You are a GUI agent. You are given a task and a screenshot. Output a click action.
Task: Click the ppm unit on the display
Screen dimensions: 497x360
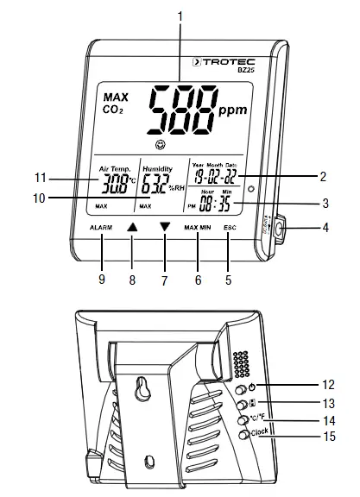[232, 111]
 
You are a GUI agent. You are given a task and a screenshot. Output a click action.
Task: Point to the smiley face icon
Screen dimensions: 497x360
[161, 143]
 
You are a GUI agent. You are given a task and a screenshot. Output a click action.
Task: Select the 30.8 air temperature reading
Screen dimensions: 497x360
[113, 183]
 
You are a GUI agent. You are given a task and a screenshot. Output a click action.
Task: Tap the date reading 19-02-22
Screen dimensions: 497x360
[212, 177]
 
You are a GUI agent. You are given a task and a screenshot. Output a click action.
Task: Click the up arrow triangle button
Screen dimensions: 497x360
[131, 228]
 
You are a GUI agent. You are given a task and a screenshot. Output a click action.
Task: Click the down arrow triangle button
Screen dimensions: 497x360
[165, 228]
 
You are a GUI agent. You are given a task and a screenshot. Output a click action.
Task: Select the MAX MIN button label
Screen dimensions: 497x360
[198, 227]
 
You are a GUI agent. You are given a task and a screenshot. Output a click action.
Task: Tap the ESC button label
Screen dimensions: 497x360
[229, 227]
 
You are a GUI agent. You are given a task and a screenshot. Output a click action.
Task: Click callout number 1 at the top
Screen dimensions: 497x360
[180, 15]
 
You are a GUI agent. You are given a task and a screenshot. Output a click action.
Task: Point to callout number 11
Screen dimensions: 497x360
[40, 179]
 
